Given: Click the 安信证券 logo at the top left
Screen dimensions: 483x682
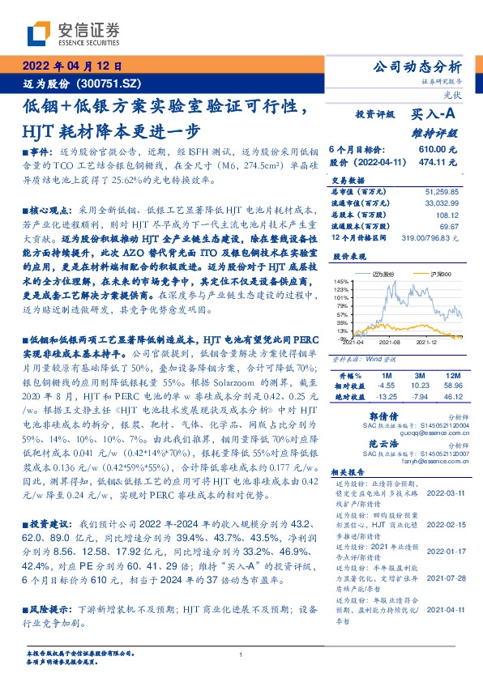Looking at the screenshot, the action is point(72,34).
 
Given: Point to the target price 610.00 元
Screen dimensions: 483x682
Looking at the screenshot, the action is point(438,150).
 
